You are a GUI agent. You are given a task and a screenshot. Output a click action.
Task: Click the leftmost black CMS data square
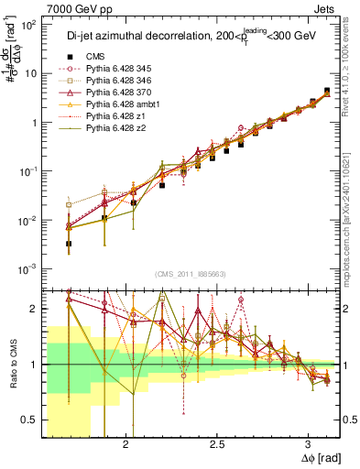click(69, 244)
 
